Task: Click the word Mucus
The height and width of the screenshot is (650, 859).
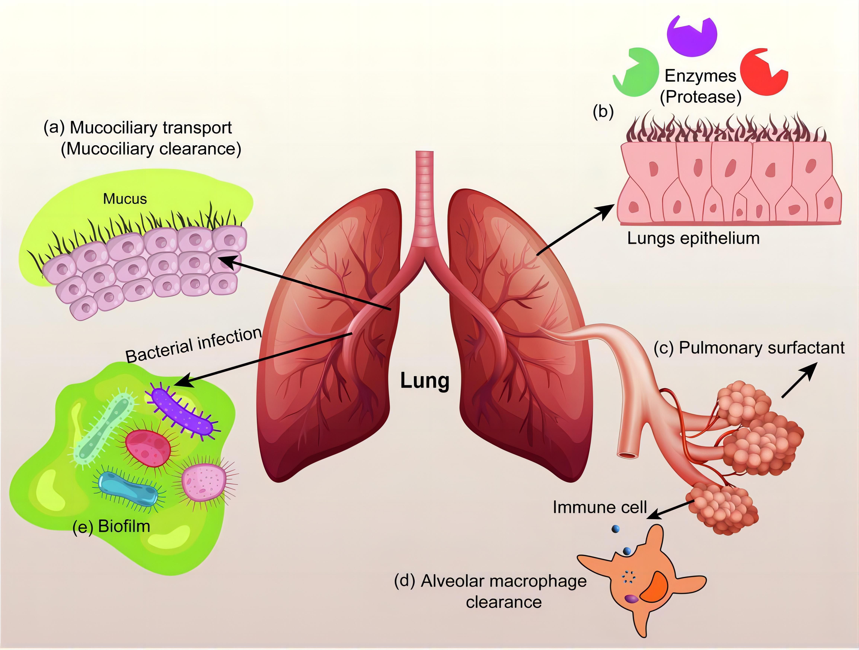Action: (x=125, y=199)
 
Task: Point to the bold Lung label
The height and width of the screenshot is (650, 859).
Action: (x=425, y=381)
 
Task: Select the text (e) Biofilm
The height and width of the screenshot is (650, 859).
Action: (x=111, y=526)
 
